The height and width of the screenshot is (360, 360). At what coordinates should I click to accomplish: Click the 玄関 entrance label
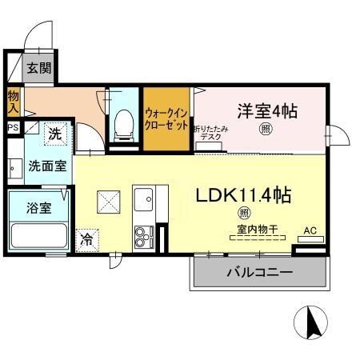[38, 68]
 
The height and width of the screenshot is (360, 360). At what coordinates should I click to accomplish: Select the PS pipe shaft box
[13, 126]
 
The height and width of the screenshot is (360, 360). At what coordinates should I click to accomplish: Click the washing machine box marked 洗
[54, 134]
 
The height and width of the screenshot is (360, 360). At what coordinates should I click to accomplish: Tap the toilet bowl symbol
[123, 122]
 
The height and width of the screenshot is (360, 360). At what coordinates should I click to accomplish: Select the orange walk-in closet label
[168, 119]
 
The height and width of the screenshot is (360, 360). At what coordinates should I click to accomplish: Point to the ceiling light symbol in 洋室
[263, 129]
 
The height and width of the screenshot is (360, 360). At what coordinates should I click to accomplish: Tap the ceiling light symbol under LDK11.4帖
[242, 213]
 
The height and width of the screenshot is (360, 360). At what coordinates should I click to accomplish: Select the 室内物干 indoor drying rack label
[253, 229]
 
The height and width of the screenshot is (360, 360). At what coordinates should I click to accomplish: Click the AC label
[310, 232]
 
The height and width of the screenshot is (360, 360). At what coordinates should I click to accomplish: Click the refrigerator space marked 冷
[86, 238]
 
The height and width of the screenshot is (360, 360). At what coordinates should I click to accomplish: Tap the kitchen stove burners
[143, 235]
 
